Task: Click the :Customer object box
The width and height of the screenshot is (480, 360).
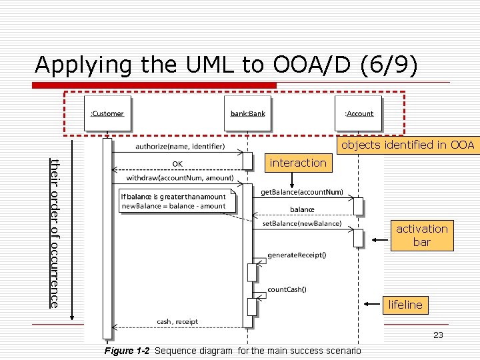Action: tap(107, 113)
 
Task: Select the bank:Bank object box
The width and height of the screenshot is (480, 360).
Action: tap(247, 113)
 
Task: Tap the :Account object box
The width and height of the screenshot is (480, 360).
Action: tap(359, 113)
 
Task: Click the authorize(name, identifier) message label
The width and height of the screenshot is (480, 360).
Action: tap(180, 146)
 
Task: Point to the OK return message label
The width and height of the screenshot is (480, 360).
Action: tap(177, 163)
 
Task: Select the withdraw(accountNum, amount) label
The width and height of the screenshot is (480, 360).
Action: tap(180, 178)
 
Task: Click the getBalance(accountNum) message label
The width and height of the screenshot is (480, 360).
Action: tap(302, 192)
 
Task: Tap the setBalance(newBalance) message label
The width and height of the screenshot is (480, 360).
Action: tap(302, 223)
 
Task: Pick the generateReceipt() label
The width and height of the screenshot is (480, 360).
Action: tap(297, 255)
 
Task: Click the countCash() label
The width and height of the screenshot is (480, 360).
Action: tap(287, 289)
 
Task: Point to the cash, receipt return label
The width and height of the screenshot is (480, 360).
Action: tap(177, 321)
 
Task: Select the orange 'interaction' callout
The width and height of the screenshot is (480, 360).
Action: tap(298, 163)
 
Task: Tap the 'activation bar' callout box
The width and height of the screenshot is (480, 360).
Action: tap(422, 235)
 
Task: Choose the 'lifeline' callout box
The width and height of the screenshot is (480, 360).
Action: tap(405, 305)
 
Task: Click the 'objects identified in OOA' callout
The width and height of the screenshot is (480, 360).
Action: tap(408, 145)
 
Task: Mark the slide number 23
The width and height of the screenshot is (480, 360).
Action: tap(438, 335)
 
